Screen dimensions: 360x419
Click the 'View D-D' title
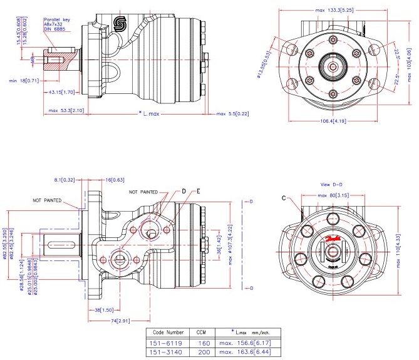(333, 186)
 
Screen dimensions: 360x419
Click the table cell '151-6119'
(166, 343)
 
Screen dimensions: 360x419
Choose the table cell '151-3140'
(166, 352)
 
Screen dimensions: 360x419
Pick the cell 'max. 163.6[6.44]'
(244, 352)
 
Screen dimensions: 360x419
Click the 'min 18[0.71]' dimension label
(23, 80)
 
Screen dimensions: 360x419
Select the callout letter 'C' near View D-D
(284, 198)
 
